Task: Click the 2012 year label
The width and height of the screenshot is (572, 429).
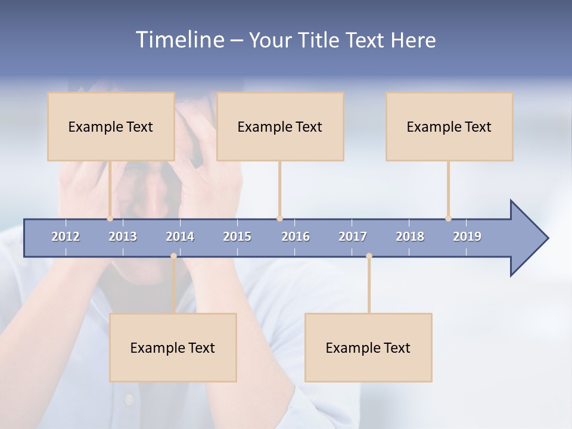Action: (x=66, y=237)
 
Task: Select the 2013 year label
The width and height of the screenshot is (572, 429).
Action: (x=123, y=237)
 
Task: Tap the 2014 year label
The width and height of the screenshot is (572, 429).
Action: (x=180, y=237)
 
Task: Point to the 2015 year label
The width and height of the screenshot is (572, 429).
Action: (x=237, y=237)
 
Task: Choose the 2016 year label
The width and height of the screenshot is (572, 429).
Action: (x=296, y=237)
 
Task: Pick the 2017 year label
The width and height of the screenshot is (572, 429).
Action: (x=353, y=237)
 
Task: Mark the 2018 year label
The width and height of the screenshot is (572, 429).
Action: (x=410, y=237)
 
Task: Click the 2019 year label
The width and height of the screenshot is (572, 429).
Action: (x=467, y=237)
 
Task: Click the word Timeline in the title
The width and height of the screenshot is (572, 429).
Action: (x=178, y=40)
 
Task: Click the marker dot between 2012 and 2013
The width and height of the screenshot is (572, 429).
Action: (x=110, y=219)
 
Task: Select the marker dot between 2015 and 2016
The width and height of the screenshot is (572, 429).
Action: (x=279, y=219)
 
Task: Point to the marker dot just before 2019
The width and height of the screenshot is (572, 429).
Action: (x=448, y=219)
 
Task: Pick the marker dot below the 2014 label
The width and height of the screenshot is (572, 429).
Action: (x=173, y=256)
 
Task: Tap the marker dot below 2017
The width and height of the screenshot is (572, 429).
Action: (x=369, y=256)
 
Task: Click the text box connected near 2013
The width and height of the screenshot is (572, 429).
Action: (x=111, y=126)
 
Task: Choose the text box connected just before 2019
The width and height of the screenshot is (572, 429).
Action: (x=449, y=126)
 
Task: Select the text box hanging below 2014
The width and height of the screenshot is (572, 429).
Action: (x=173, y=347)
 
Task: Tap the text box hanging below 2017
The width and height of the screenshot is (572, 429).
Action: (x=368, y=347)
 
